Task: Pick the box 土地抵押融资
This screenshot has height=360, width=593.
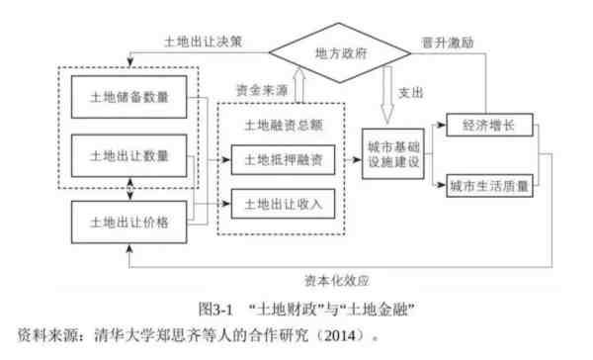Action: pos(281,158)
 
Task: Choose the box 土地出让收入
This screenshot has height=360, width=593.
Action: pos(281,204)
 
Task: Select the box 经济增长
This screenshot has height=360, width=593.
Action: pos(490,127)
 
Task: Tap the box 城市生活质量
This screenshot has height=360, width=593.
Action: pos(490,184)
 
